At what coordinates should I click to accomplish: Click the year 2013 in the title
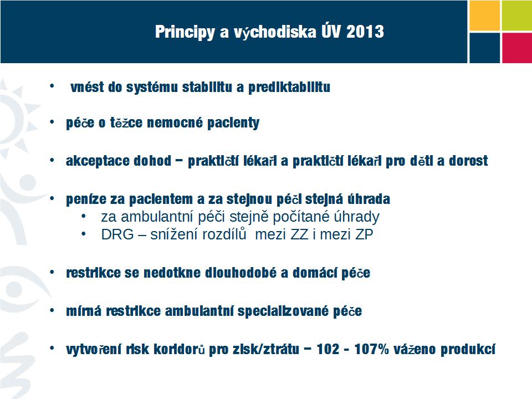365,32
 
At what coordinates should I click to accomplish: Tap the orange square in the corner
484,16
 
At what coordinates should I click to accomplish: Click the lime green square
516,16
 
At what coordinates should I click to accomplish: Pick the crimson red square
516,48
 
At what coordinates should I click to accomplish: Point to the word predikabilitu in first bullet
289,88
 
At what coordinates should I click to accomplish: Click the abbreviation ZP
364,234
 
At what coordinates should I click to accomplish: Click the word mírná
84,311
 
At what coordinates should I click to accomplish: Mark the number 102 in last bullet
328,349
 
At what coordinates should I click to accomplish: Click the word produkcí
468,350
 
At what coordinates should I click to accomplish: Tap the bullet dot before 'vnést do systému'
52,86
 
